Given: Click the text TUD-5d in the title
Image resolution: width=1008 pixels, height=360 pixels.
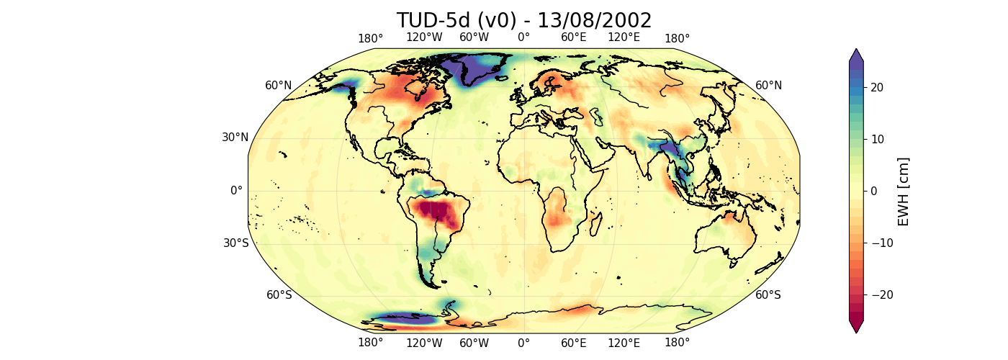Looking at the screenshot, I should pyautogui.click(x=430, y=21).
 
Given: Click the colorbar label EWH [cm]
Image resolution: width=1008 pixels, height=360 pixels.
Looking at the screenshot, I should pyautogui.click(x=904, y=192).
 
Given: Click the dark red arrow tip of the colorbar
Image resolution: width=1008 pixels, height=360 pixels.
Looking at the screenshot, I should pyautogui.click(x=855, y=326).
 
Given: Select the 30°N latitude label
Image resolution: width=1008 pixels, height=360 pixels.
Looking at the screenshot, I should pyautogui.click(x=235, y=138).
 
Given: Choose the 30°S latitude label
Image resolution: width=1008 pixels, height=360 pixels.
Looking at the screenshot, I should pyautogui.click(x=235, y=243).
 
